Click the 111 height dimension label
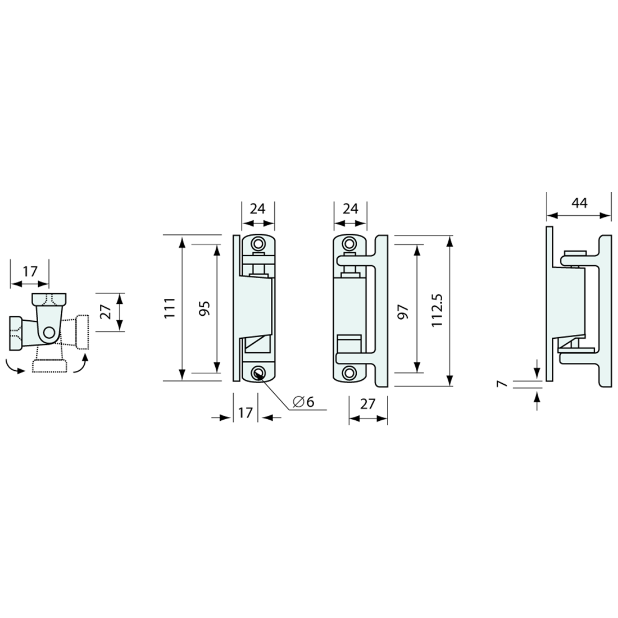coord(170,308)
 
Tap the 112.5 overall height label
coord(439,311)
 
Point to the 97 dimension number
coord(403,311)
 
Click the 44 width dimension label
coord(579,202)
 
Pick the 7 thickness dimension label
coord(503,384)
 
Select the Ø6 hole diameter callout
coord(303,402)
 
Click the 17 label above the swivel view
coord(29,271)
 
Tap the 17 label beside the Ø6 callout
coord(246,413)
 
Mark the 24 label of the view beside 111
coord(257,209)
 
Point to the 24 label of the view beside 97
coord(350,209)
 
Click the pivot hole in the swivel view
coord(49,333)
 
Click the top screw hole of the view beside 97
coord(349,244)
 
